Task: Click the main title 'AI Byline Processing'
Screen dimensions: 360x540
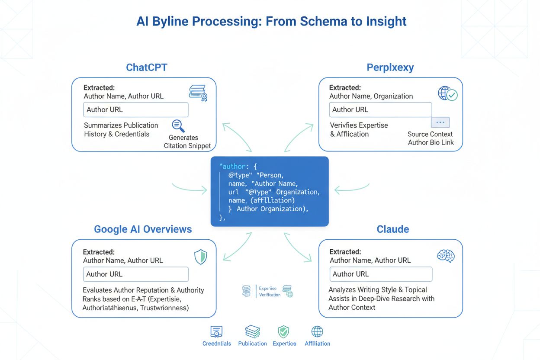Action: coord(271,21)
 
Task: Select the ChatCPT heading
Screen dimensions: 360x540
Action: coord(147,67)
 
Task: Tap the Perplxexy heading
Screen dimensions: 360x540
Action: coord(390,67)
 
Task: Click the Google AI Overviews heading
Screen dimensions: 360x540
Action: coord(143,229)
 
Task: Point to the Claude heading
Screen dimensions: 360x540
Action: coord(393,229)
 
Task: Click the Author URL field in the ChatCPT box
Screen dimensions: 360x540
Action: coord(136,110)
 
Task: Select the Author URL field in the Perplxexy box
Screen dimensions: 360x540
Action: coord(380,110)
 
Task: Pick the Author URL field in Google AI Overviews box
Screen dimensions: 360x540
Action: coord(136,274)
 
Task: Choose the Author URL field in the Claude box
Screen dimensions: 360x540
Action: coord(381,274)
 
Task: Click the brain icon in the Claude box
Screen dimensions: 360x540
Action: coord(445,256)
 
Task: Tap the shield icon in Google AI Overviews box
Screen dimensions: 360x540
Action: coord(201,257)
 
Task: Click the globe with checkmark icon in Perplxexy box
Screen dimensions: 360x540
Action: coord(447,93)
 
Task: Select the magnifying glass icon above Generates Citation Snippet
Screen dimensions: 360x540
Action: coord(178,125)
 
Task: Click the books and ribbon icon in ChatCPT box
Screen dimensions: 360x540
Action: coord(198,93)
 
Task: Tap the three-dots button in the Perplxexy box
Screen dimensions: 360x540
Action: coord(440,122)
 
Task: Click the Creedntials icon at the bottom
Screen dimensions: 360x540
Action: coord(216,332)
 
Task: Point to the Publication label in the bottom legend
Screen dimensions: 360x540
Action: coord(252,344)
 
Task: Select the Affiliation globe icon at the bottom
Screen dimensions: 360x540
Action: coord(317,332)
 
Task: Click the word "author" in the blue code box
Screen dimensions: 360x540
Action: coord(233,166)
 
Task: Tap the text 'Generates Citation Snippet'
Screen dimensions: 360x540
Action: coord(187,142)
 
